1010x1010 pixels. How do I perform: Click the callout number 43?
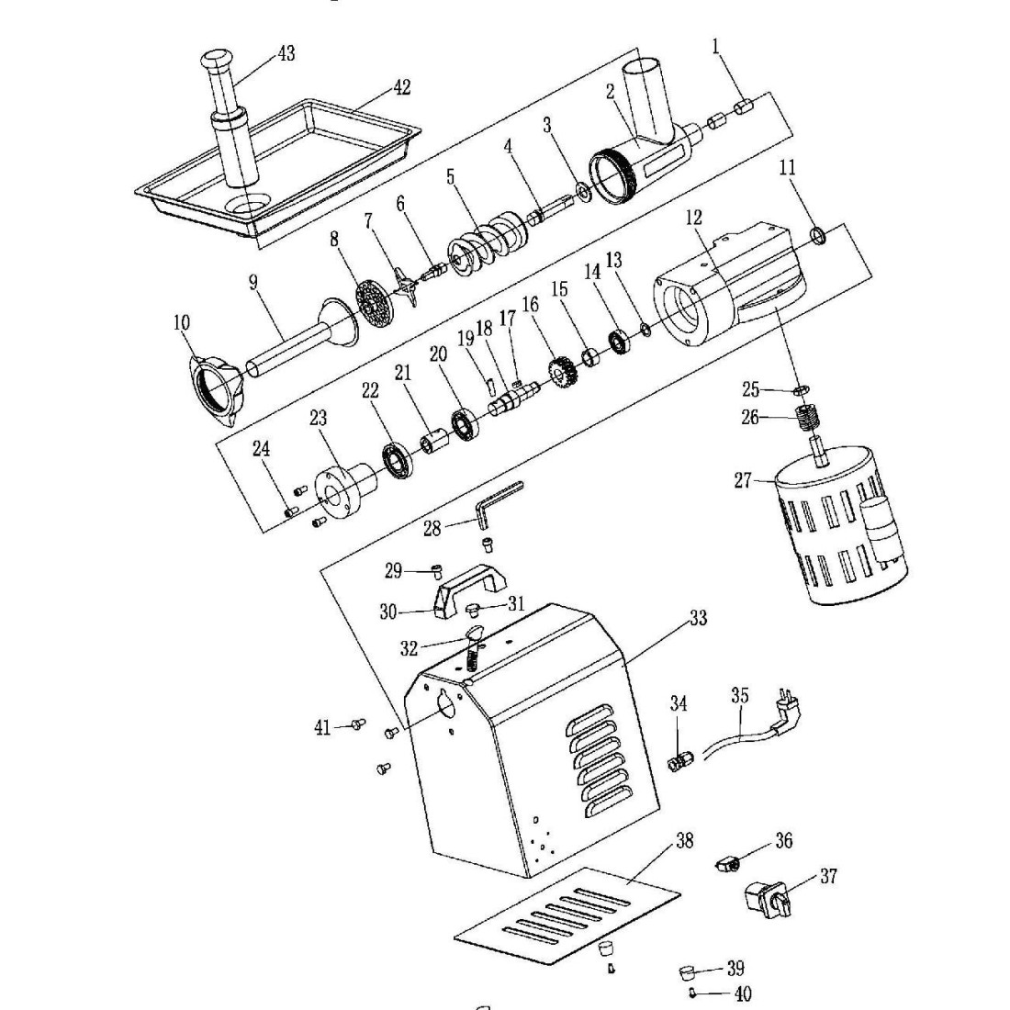tap(286, 54)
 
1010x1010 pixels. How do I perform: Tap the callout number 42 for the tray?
tap(401, 87)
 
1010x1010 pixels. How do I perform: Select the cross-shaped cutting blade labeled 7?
tap(405, 285)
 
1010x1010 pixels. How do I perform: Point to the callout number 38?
tap(683, 841)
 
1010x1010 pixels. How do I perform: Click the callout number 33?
tap(698, 619)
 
